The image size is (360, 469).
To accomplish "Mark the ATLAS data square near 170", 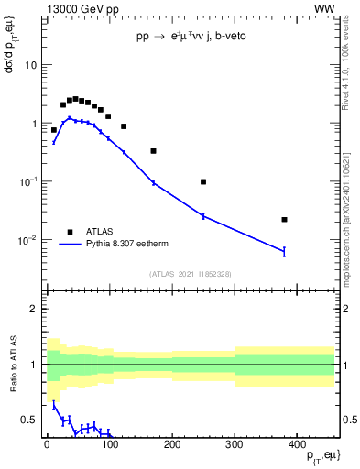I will point(153,151).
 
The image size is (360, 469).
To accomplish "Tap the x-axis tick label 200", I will point(171,446).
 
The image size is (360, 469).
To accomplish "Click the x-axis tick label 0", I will point(47,446).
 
